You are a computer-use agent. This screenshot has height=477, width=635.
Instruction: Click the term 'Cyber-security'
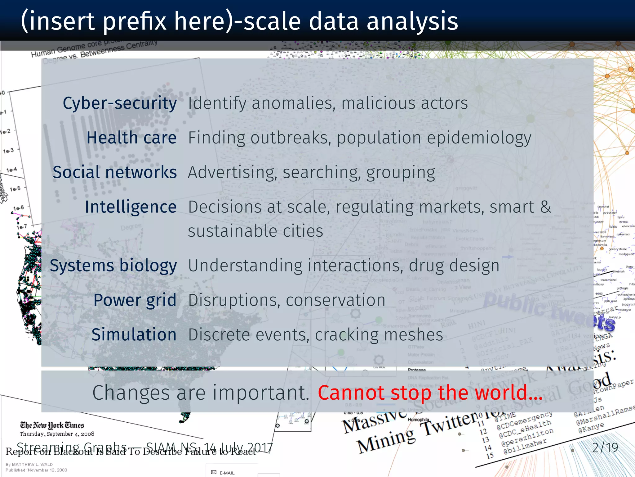(x=120, y=103)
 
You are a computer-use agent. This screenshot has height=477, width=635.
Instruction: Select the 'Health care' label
(x=131, y=138)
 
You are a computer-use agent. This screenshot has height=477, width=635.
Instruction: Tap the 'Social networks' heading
(x=115, y=172)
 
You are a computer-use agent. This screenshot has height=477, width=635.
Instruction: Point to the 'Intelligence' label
(x=131, y=207)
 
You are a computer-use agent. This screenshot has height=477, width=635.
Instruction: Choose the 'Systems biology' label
(x=113, y=266)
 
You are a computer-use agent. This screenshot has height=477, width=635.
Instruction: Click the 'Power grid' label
(x=135, y=300)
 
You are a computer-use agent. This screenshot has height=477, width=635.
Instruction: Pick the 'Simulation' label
(x=134, y=335)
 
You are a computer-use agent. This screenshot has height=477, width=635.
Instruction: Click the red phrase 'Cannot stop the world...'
(x=430, y=393)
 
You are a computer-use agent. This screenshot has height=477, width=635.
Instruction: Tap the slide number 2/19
(x=605, y=447)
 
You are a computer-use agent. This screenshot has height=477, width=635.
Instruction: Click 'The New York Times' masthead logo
(x=52, y=425)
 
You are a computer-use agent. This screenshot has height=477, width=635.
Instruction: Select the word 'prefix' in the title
(x=135, y=22)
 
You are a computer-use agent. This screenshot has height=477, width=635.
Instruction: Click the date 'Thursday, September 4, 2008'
(x=57, y=434)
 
